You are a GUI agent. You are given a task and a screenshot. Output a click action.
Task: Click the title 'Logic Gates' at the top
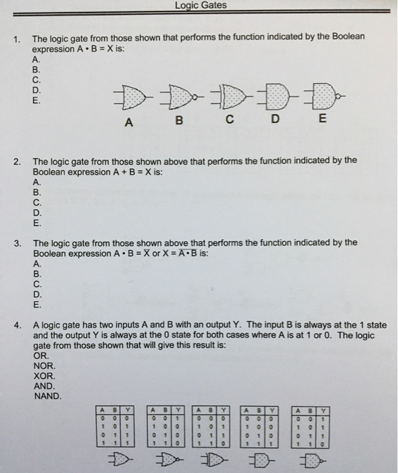[200, 5]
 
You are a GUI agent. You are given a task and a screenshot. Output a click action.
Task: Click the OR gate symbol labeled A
[129, 97]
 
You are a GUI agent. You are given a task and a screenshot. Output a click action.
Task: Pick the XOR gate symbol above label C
[227, 97]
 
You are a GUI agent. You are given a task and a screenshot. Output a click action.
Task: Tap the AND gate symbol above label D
[274, 97]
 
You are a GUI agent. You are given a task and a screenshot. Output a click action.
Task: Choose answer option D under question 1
[36, 89]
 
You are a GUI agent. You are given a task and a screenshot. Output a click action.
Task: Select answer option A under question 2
[36, 182]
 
